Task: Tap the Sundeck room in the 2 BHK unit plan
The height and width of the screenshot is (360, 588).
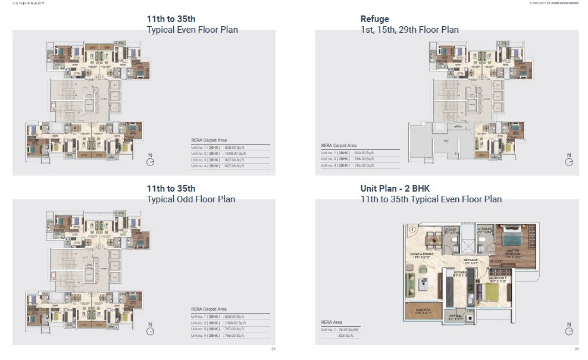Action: click(x=423, y=311)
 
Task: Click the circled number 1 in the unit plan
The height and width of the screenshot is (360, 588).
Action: click(x=410, y=229)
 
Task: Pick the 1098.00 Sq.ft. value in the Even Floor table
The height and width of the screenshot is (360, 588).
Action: click(x=234, y=153)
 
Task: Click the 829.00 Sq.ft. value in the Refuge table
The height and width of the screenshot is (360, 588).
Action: click(x=364, y=153)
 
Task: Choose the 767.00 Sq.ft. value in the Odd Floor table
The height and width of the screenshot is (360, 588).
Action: click(x=234, y=329)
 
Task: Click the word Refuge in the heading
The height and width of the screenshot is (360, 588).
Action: click(x=374, y=19)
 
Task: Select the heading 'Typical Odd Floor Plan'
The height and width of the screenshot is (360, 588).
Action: click(x=190, y=199)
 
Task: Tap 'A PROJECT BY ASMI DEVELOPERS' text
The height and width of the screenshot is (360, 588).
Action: click(x=553, y=3)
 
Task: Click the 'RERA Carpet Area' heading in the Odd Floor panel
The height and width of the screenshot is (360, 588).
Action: click(x=208, y=309)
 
